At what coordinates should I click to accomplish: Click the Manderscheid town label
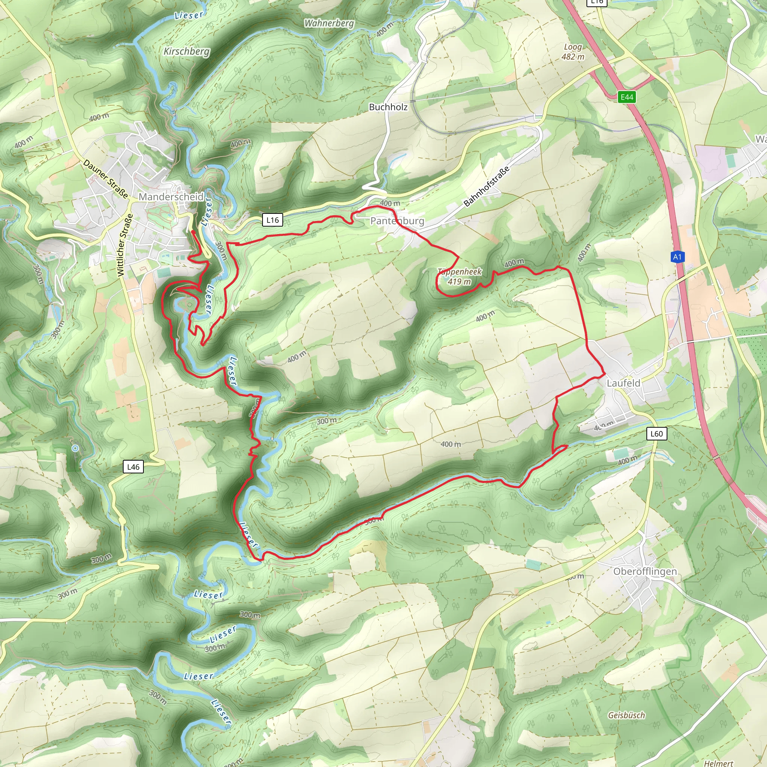click(171, 197)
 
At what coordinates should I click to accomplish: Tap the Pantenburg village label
click(397, 221)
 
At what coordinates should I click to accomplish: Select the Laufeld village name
click(623, 383)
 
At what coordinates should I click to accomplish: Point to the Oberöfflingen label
click(645, 571)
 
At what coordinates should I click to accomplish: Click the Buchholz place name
click(388, 107)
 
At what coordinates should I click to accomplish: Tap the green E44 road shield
click(627, 97)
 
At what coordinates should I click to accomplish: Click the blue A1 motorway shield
click(677, 257)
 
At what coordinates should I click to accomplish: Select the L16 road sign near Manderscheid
click(272, 220)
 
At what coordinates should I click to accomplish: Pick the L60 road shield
click(656, 434)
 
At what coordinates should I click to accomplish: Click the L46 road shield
click(133, 467)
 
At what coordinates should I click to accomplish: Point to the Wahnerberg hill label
click(329, 24)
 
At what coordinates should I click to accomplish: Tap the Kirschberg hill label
click(187, 52)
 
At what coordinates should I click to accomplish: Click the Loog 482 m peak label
click(573, 52)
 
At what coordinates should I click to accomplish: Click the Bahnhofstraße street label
click(486, 187)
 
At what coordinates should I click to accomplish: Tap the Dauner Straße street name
click(106, 179)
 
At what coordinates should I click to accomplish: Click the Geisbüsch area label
click(627, 715)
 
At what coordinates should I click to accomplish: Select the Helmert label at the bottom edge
click(719, 763)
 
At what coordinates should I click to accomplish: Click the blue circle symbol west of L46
click(75, 448)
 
